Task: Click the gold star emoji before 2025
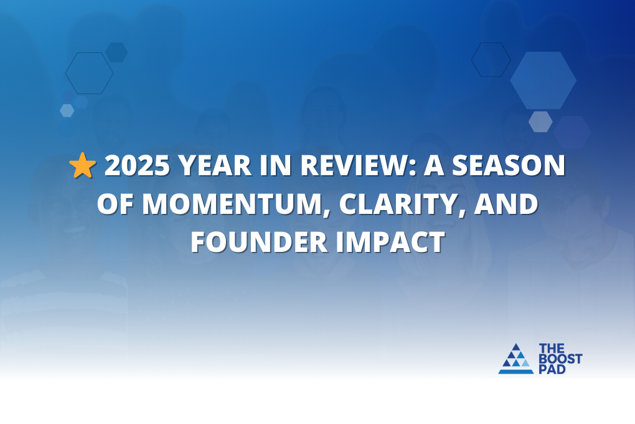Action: coord(83,166)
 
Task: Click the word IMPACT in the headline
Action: coord(395,242)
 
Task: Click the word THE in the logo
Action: coord(552,348)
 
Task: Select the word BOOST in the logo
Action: coord(560,359)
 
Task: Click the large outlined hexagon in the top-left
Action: coord(89,73)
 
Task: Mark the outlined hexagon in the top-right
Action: coord(491,60)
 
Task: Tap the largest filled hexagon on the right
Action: coord(543,80)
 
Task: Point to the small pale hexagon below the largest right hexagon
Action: coord(540,122)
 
